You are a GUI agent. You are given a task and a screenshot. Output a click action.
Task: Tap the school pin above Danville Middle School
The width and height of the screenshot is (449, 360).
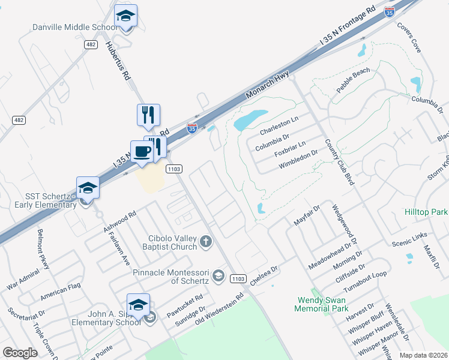(126, 15)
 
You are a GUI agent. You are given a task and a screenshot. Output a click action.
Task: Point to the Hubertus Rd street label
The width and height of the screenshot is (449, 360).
(118, 60)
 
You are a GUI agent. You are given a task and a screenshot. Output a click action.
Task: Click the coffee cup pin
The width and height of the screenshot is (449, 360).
(142, 151)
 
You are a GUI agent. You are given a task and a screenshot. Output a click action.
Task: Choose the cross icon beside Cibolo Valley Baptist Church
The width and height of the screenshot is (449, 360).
(205, 241)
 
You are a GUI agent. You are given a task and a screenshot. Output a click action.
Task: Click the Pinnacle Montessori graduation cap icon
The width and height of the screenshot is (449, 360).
(218, 277)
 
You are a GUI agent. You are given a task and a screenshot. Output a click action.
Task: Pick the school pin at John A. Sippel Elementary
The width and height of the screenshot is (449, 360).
(138, 304)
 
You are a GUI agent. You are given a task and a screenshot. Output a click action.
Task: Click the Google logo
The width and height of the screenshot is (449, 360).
(20, 353)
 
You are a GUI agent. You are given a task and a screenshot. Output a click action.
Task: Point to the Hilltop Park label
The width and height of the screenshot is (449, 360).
(426, 212)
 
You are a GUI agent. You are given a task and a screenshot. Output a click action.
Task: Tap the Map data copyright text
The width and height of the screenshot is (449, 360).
(423, 355)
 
